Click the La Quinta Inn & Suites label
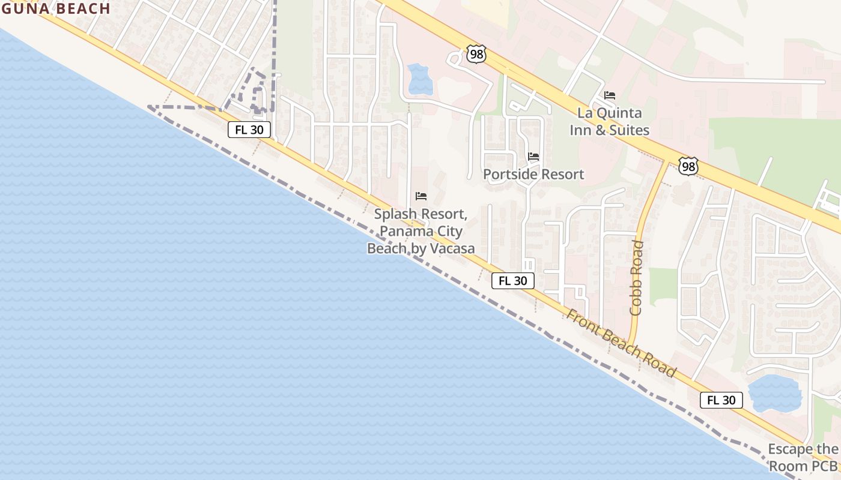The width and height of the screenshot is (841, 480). (609, 121)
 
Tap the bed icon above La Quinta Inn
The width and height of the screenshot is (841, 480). (610, 95)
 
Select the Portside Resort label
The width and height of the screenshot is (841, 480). (533, 175)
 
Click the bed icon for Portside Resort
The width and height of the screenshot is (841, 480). (533, 157)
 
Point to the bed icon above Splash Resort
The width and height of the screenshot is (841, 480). (421, 196)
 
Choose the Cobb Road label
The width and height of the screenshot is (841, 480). (637, 278)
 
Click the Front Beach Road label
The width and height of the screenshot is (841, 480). (622, 343)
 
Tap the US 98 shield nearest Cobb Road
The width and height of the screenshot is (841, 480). (688, 166)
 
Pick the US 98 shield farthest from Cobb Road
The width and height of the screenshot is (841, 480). (476, 54)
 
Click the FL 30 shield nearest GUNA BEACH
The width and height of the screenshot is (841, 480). (249, 130)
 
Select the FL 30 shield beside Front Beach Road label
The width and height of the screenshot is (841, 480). (513, 280)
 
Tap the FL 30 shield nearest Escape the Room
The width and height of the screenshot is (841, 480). (721, 400)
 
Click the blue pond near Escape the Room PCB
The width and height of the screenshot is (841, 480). (775, 394)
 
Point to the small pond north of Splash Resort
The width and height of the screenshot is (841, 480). (420, 79)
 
